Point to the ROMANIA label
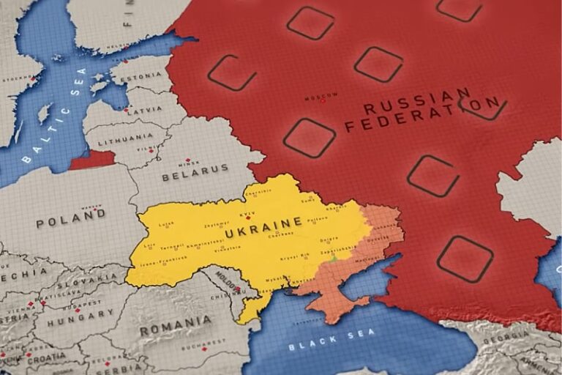[x=176, y=325]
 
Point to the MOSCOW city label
[x=321, y=96]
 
